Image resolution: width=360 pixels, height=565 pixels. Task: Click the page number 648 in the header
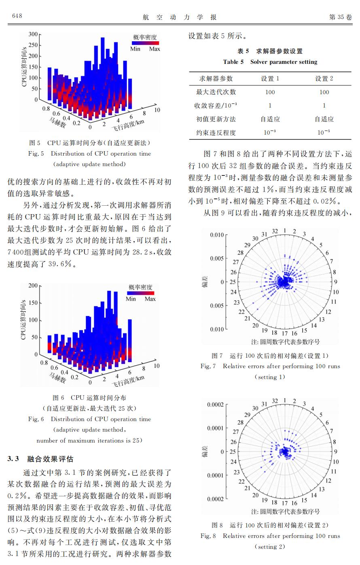(x=17, y=16)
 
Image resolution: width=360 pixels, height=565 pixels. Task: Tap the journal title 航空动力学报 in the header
(x=180, y=17)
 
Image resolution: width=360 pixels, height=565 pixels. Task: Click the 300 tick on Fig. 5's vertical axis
(x=33, y=34)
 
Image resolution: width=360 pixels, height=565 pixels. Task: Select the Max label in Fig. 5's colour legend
(x=155, y=49)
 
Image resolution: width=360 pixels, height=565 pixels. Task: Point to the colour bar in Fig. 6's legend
(x=141, y=293)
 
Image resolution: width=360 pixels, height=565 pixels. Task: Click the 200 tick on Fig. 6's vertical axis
(x=33, y=285)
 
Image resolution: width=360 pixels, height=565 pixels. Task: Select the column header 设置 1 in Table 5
(x=270, y=79)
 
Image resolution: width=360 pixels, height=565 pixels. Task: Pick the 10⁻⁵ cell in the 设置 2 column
(x=324, y=132)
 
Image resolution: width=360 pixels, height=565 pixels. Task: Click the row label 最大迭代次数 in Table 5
(x=216, y=92)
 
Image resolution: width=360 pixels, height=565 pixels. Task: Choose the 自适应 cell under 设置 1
(x=270, y=119)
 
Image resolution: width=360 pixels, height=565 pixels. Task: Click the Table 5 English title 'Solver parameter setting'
(x=284, y=62)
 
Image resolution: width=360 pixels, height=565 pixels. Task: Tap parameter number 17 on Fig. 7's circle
(x=284, y=333)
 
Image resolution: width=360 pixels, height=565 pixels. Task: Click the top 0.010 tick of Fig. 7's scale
(x=217, y=235)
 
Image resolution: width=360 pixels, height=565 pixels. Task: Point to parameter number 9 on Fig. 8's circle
(x=335, y=451)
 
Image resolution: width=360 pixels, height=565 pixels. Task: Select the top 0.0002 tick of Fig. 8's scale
(x=215, y=405)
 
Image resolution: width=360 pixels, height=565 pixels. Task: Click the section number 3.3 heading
(x=13, y=459)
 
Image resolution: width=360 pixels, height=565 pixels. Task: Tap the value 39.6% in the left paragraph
(x=60, y=264)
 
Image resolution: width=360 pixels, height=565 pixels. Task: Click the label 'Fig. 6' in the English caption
(x=36, y=419)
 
